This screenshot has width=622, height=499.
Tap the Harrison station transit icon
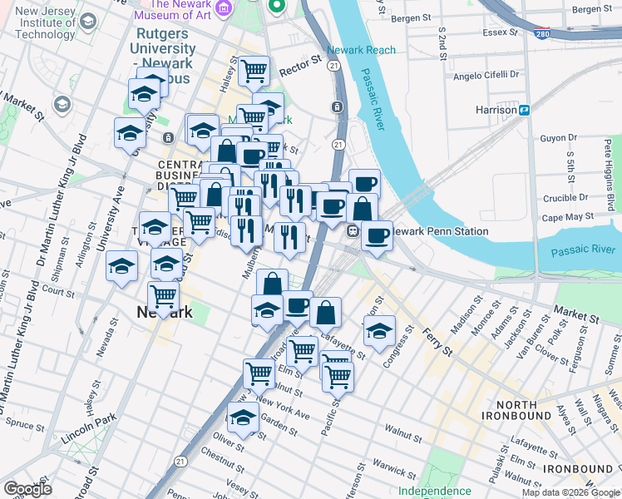click(x=525, y=110)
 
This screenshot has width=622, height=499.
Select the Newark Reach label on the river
click(x=361, y=50)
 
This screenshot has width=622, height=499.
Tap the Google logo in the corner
click(x=27, y=489)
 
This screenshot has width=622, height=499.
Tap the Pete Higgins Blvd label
click(x=610, y=174)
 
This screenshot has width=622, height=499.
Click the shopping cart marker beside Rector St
click(x=254, y=71)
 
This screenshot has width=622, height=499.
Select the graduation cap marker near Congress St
click(x=379, y=330)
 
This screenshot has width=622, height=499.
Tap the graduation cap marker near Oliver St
click(x=243, y=417)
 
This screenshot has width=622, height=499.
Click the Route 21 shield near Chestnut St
click(x=181, y=459)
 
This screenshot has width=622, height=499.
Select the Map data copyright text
click(x=570, y=492)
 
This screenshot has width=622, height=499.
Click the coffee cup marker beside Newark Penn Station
click(x=377, y=235)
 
